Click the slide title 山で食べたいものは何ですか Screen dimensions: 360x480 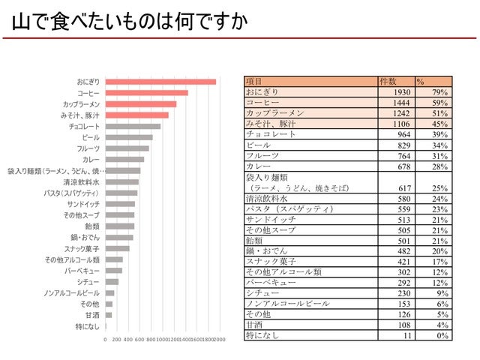click(128, 22)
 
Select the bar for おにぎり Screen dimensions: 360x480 click(160, 82)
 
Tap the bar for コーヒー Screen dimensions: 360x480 click(146, 93)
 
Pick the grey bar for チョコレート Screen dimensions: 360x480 click(133, 127)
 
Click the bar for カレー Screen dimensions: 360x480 click(124, 159)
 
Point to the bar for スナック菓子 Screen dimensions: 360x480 click(117, 248)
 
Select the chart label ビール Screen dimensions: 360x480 click(90, 137)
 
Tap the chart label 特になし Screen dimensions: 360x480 click(88, 326)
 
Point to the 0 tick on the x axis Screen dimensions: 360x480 click(105, 340)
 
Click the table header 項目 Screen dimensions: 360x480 click(254, 81)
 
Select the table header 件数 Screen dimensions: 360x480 click(388, 81)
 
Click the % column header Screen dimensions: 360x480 click(421, 81)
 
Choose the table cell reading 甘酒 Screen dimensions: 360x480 click(254, 325)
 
